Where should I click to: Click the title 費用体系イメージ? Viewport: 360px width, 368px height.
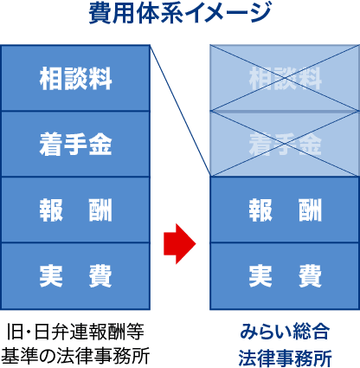coord(180,14)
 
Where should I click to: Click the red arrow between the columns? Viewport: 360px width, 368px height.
coord(180,243)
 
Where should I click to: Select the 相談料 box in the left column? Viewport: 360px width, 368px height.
coord(75,78)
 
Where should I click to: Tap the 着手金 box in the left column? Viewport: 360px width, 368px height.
coord(75,144)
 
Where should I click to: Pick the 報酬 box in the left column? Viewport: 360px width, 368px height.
coord(75,210)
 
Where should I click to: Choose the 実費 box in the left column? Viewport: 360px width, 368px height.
coord(75,276)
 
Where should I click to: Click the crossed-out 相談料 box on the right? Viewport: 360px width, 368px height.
coord(285,78)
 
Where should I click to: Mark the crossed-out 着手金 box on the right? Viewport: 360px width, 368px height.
coord(285,144)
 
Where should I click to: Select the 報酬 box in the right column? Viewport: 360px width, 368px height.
coord(285,210)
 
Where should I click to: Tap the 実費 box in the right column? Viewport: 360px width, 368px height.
coord(285,276)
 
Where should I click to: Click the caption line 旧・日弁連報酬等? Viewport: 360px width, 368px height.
coord(75,332)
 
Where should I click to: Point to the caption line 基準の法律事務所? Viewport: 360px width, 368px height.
coord(75,356)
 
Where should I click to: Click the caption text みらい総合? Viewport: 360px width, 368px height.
coord(285,332)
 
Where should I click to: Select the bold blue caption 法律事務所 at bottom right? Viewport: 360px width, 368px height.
coord(285,358)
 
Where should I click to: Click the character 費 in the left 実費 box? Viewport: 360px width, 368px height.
coord(100,276)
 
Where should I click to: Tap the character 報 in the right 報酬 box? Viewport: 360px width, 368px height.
coord(260,210)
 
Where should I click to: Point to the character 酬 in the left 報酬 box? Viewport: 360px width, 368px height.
coord(100,210)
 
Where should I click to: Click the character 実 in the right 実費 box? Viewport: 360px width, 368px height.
coord(260,276)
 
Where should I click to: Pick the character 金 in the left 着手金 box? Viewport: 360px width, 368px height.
coord(100,145)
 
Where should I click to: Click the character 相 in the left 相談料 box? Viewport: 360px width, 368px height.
coord(51,78)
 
